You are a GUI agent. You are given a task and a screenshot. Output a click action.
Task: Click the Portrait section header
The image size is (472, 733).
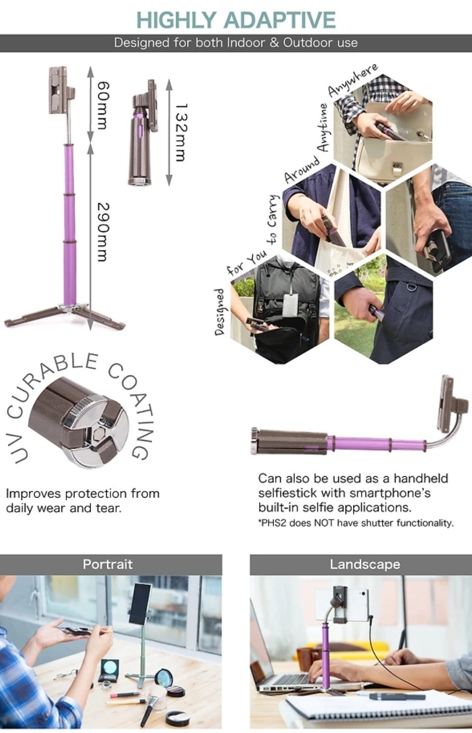tap(108, 564)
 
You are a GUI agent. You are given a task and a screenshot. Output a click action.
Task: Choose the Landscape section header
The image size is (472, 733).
tap(365, 564)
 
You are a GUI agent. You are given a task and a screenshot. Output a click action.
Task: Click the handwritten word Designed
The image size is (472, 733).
tap(220, 312)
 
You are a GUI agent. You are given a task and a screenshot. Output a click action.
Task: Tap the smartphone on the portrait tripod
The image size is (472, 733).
tap(139, 603)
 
